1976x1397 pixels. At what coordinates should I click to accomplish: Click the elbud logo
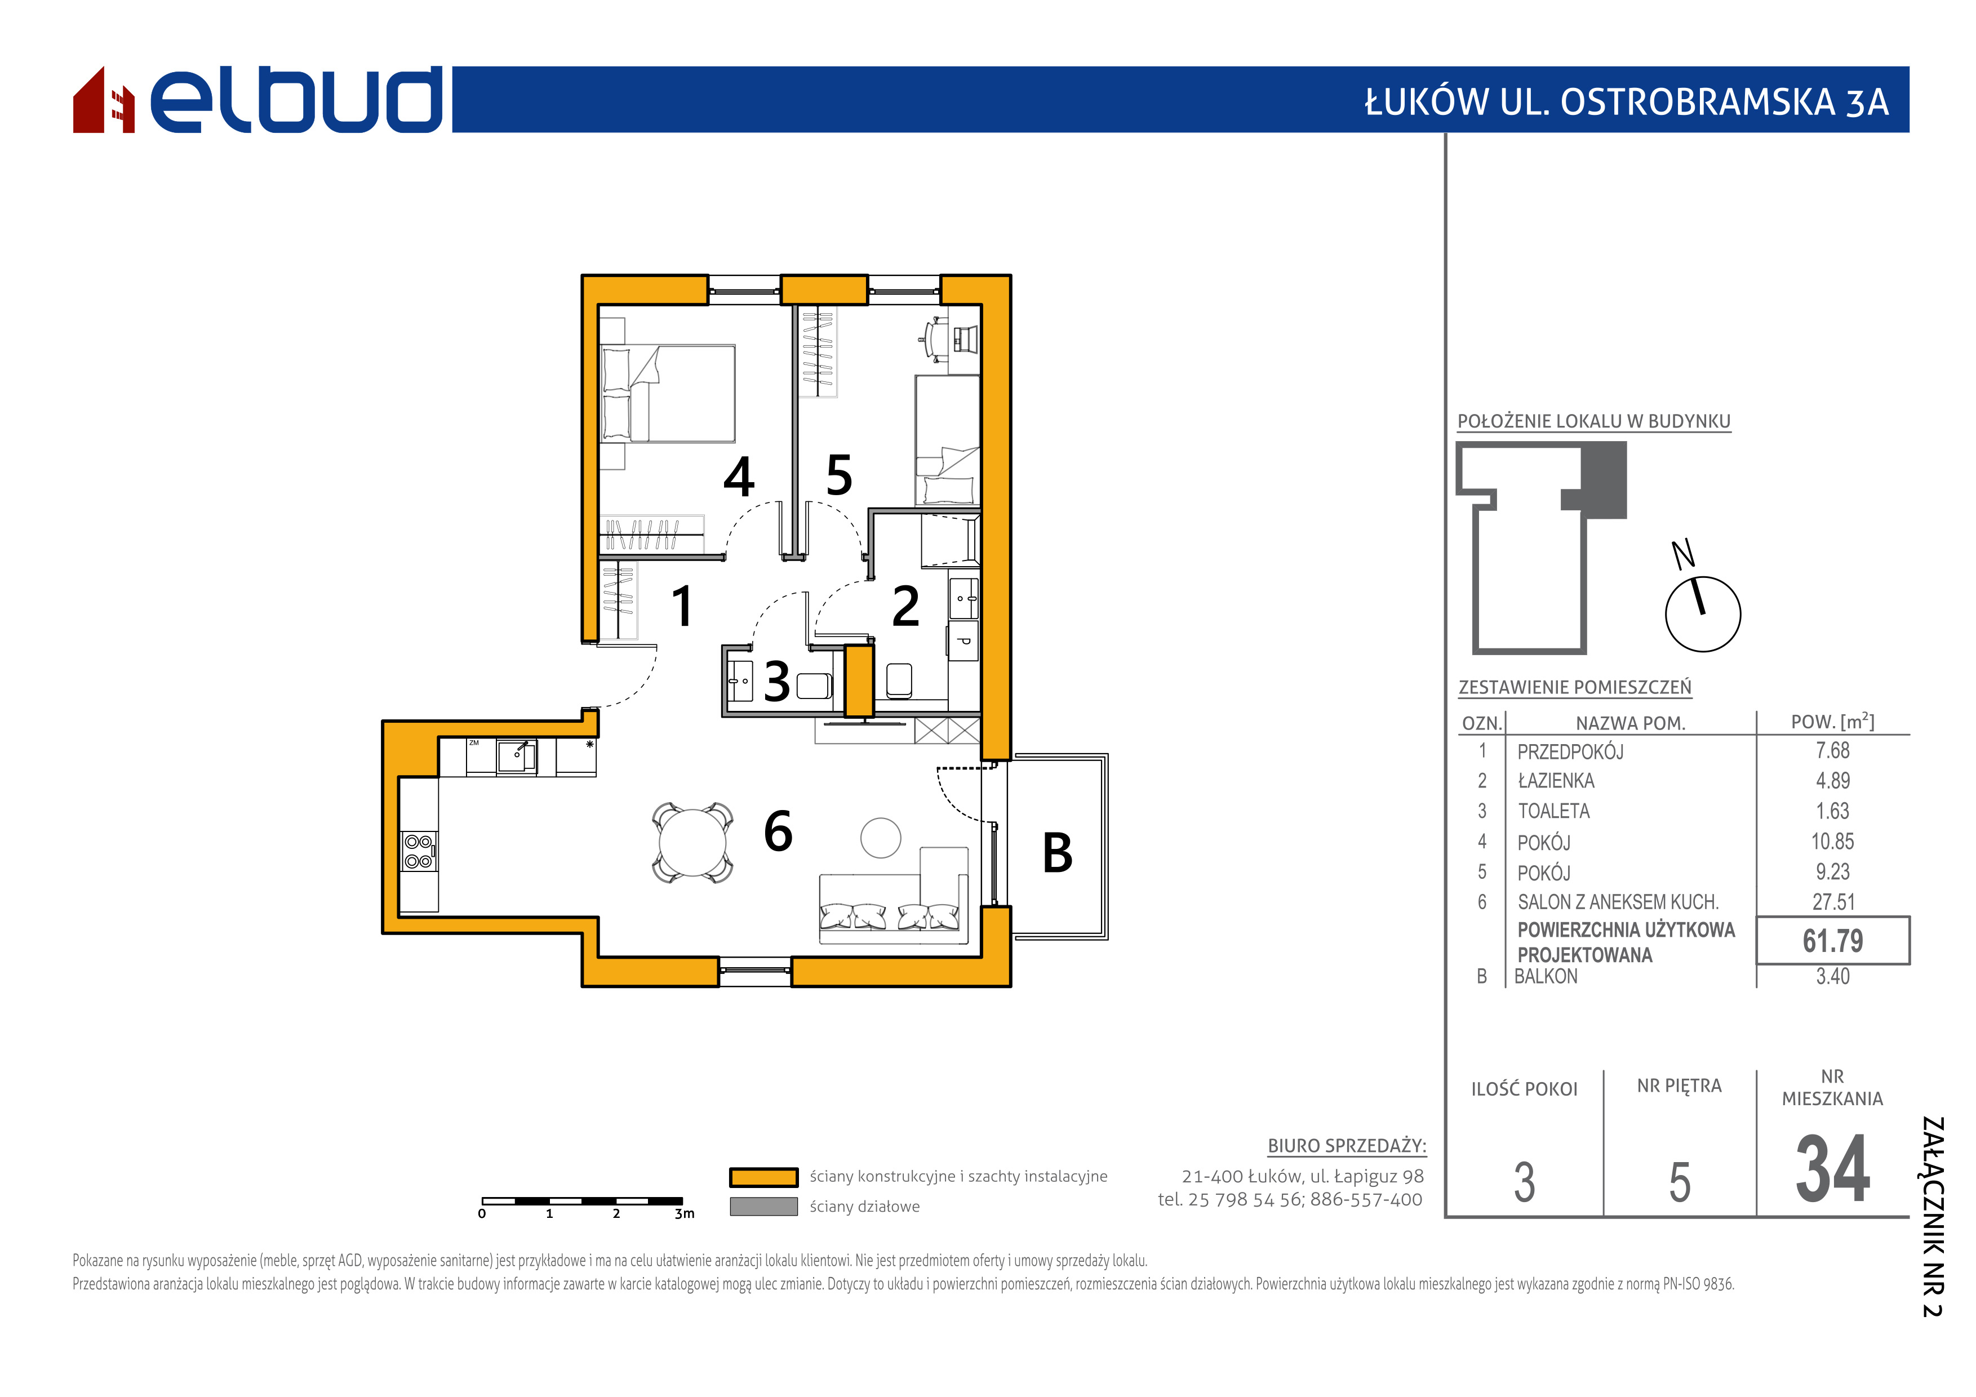point(258,100)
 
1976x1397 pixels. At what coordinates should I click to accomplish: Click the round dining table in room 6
point(693,843)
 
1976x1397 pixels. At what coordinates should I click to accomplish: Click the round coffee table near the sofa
point(881,837)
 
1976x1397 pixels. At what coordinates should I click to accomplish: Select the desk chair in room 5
point(933,338)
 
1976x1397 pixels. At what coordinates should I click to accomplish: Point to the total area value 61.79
point(1833,941)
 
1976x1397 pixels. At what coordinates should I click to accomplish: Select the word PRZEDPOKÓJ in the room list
point(1571,752)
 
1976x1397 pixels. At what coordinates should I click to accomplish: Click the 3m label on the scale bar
point(684,1214)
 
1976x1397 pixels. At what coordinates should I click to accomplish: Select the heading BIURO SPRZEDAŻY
point(1347,1146)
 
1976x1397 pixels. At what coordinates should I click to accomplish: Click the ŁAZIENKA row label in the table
point(1556,781)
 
